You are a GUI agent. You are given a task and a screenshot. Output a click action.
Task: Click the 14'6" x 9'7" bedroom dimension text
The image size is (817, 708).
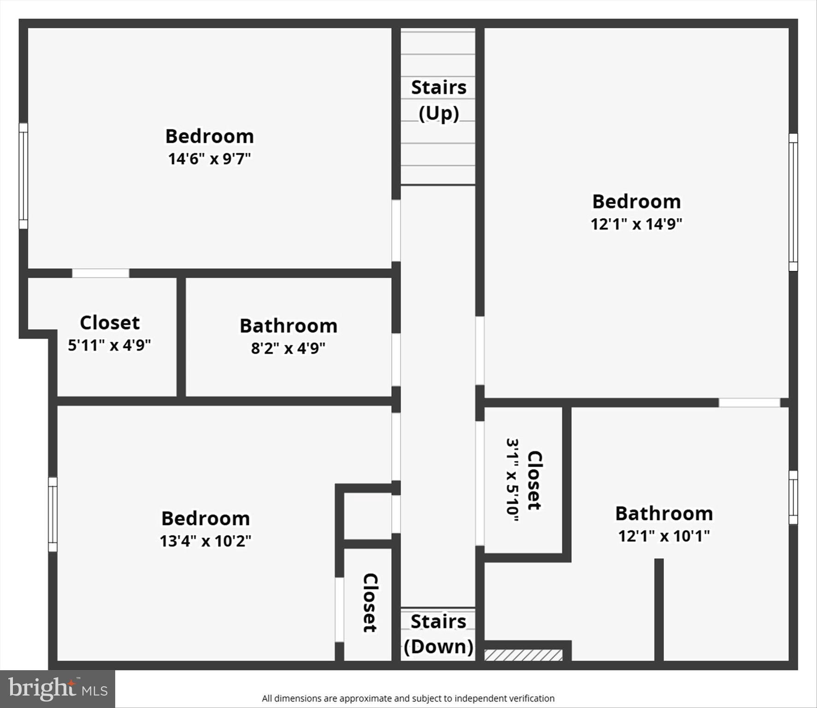coord(209,159)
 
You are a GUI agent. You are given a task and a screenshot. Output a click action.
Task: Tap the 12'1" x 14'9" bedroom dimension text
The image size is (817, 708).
coord(636,224)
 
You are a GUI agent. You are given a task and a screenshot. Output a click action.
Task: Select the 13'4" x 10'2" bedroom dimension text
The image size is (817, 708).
coord(206,541)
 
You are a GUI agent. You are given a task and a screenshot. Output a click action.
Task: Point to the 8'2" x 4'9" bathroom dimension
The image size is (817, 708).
coord(288,348)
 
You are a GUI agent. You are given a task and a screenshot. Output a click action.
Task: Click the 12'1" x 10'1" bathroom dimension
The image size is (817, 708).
coord(664,536)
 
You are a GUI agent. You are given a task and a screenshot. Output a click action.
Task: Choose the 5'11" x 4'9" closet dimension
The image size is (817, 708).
coord(109,345)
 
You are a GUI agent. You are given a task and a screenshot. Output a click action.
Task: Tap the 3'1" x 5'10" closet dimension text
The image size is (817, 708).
coord(512,480)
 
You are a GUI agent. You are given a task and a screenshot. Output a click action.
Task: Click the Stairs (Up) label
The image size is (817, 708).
coord(438,100)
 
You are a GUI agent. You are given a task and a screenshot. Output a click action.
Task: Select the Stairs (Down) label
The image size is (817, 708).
coord(438,634)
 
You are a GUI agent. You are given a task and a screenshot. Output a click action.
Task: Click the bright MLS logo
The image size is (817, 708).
coord(58,689)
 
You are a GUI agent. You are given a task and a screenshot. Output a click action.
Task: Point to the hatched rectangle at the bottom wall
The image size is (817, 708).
coord(523,655)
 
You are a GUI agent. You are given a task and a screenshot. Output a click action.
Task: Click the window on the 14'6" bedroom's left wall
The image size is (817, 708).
coord(23,176)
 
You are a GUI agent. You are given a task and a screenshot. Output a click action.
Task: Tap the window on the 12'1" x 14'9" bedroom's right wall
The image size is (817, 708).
coord(793,202)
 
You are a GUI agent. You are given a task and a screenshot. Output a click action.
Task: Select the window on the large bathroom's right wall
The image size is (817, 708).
coord(793,497)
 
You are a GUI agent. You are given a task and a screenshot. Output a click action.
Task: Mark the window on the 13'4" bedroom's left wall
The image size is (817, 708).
coord(53,514)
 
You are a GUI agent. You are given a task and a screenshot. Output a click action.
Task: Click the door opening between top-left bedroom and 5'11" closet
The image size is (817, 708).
coord(100,273)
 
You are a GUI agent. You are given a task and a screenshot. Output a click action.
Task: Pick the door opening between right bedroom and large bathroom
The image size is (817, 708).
coord(749,403)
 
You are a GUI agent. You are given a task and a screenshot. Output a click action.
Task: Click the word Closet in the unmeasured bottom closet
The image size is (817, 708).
coord(370,602)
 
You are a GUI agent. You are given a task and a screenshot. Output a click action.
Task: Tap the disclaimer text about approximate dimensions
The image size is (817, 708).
coord(408,698)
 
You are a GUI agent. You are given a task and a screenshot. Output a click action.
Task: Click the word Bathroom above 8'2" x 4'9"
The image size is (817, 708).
coord(288,326)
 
